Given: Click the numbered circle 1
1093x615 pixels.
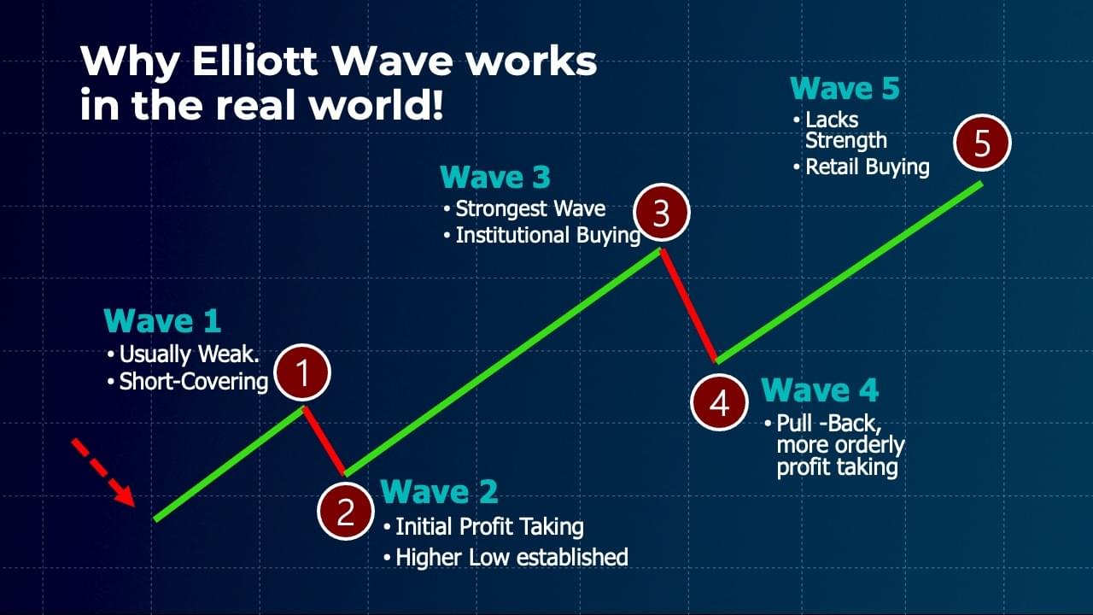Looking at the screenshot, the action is coord(302,373).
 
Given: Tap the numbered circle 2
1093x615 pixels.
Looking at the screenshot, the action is coord(346,511).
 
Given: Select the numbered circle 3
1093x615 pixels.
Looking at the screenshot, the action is coord(662,213).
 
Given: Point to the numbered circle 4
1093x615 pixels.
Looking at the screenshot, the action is coord(719,402).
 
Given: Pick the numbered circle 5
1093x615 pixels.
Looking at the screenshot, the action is coord(982,143).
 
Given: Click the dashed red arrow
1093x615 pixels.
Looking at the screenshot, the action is coord(103,472).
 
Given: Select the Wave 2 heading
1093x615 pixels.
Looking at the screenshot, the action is coord(439,491).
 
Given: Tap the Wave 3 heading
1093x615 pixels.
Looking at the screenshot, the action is coord(495,177).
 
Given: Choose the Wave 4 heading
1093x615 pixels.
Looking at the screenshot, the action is coord(820,390).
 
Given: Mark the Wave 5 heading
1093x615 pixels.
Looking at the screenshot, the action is coord(845,88).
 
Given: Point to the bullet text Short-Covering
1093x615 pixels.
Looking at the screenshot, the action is coord(194,382).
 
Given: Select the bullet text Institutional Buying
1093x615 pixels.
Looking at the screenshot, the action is coord(548,235).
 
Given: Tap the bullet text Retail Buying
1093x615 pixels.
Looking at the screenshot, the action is coord(867,167).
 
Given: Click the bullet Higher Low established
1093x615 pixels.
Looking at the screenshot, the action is coord(506,558).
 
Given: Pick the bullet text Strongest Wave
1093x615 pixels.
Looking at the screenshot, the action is coord(530,209).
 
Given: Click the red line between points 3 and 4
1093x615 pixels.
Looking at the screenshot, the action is coord(689,306).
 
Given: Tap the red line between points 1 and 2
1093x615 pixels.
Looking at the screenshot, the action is coord(324,441).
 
